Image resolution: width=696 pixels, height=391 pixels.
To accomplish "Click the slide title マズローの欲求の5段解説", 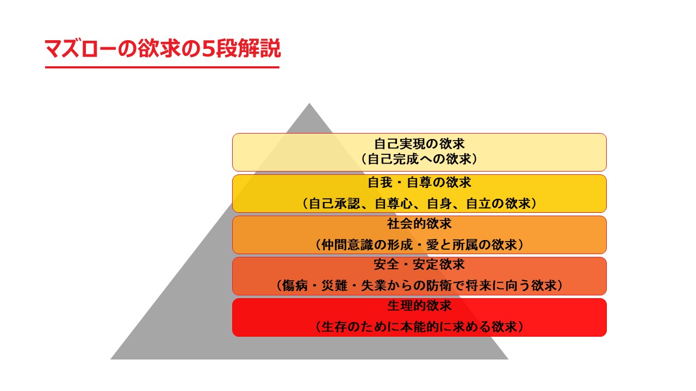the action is point(163,48).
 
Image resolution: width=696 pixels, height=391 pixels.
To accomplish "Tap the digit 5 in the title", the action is point(208,49).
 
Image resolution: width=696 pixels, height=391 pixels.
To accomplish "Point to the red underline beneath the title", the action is point(162,67).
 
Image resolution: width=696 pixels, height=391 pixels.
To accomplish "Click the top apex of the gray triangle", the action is point(309,104).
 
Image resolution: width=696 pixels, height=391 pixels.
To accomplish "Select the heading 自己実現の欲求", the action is point(419,144).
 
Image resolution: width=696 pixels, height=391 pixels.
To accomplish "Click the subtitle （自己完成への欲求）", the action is point(419,159).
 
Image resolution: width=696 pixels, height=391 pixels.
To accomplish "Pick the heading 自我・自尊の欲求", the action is point(419,182).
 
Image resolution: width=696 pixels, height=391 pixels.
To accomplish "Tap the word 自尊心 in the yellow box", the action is point(394,204).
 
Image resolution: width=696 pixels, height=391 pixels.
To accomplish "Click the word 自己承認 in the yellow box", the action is point(334,204).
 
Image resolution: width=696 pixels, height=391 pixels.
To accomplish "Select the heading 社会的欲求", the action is point(419,224).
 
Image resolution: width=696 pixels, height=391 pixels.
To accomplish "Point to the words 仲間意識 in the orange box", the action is point(347,245).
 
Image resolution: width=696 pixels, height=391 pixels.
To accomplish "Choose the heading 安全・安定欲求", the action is point(419,264).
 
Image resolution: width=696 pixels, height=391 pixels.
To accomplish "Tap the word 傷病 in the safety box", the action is point(295,286).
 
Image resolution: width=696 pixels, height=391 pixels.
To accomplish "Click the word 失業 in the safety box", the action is point(374,286).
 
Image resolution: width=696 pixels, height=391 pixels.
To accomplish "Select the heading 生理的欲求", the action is point(419,306).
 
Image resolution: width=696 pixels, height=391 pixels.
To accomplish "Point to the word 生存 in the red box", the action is point(334,327).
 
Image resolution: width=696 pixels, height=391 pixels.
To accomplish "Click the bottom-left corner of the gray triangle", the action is point(111,359).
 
